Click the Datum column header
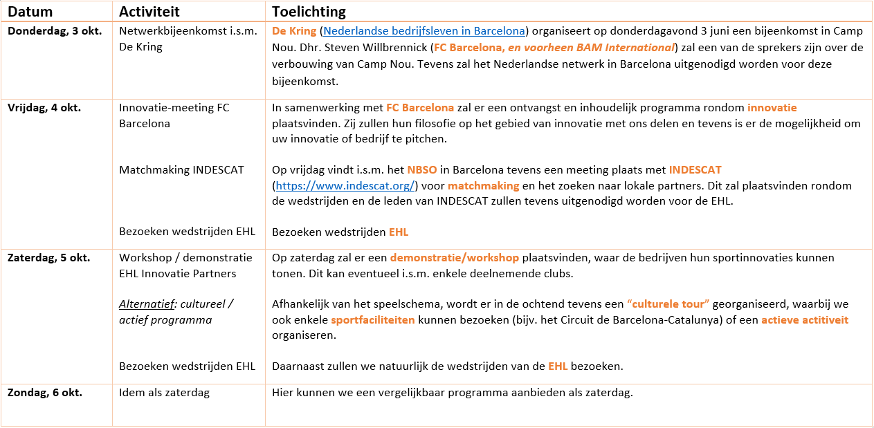pos(30,12)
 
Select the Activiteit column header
pos(149,12)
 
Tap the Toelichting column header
pos(309,12)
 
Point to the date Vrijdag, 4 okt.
pos(44,108)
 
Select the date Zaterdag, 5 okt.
pos(48,257)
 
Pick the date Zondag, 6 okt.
pos(44,392)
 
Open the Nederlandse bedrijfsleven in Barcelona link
pos(424,31)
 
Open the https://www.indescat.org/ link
pos(345,185)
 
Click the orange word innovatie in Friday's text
pos(772,108)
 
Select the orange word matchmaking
pos(483,185)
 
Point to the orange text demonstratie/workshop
pos(454,257)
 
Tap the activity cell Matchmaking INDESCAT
pos(181,169)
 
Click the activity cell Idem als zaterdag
pos(164,392)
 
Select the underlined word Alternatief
pos(147,304)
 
